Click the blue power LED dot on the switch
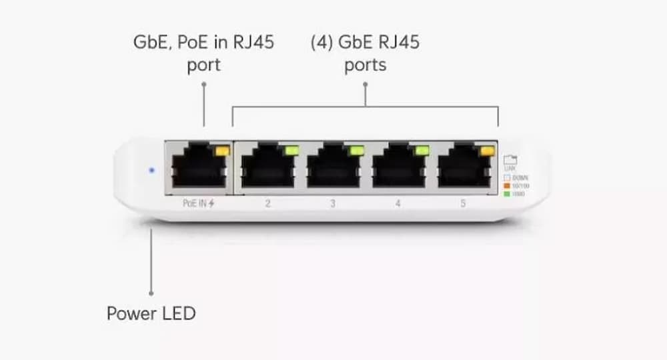[x=151, y=171]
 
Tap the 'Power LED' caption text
[x=151, y=313]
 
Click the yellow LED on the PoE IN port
[x=220, y=151]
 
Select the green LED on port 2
[x=290, y=151]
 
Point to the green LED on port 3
[x=356, y=151]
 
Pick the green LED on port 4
[x=421, y=151]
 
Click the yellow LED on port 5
[x=487, y=151]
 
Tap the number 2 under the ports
[x=267, y=203]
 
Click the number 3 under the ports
[x=333, y=203]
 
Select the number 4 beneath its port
[x=398, y=203]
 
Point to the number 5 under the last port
[x=463, y=203]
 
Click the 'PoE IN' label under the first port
[x=193, y=203]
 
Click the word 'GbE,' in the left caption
[x=153, y=42]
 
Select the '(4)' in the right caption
[x=323, y=42]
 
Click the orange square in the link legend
[x=506, y=185]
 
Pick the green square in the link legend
[x=506, y=193]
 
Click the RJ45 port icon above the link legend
[x=510, y=160]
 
